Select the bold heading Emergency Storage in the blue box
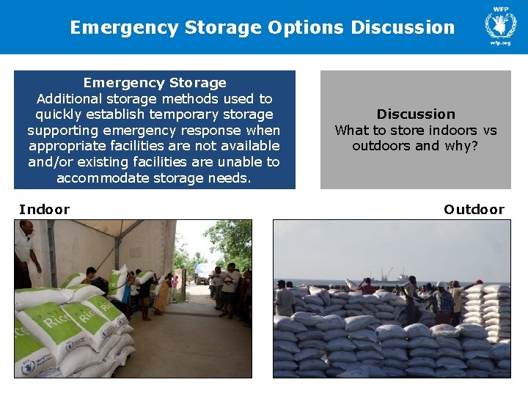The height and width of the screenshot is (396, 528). click(155, 83)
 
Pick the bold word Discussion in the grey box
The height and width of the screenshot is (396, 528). click(416, 114)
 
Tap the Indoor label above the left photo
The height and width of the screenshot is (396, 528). click(45, 210)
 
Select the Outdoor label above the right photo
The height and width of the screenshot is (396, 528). click(474, 210)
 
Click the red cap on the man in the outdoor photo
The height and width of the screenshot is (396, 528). click(478, 282)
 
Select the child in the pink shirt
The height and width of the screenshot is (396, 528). click(175, 282)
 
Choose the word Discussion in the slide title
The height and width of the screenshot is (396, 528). click(403, 28)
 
